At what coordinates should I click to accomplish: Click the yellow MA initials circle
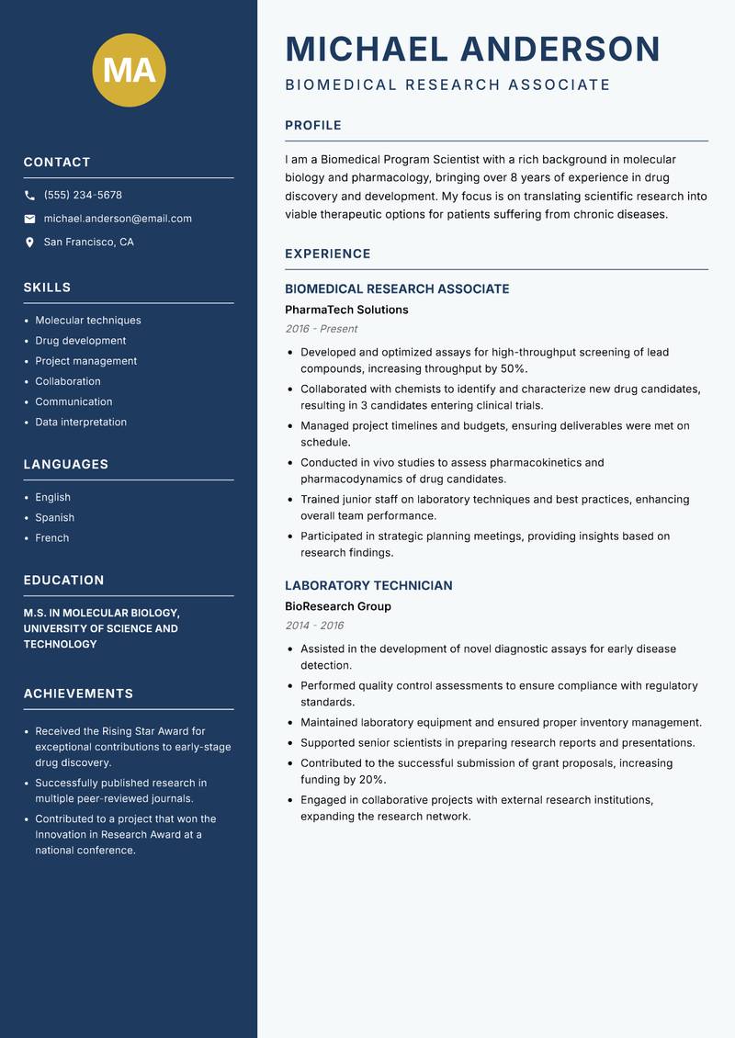click(x=129, y=70)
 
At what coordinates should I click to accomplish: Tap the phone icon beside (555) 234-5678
click(x=29, y=196)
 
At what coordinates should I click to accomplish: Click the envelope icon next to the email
click(x=29, y=219)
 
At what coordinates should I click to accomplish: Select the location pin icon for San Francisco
click(x=29, y=243)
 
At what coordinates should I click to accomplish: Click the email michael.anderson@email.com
click(x=118, y=219)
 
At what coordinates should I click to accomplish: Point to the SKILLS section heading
click(x=47, y=288)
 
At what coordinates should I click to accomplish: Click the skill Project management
click(x=85, y=361)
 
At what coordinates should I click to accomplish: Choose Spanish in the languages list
click(x=54, y=517)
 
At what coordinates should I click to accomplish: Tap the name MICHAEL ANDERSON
click(x=472, y=49)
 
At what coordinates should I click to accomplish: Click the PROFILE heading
click(x=312, y=126)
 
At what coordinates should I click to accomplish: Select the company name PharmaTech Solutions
click(x=346, y=310)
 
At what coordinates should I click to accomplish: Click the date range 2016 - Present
click(x=321, y=329)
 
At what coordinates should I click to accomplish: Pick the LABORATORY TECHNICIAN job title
click(x=368, y=585)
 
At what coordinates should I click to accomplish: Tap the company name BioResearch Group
click(x=338, y=606)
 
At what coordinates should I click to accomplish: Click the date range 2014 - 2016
click(x=314, y=626)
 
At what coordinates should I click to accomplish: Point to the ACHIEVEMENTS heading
click(x=78, y=694)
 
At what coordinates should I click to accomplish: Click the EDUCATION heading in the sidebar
click(x=63, y=581)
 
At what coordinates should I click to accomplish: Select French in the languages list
click(x=51, y=537)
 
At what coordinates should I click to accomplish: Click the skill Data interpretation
click(x=81, y=422)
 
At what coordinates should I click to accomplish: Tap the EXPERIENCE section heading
click(x=327, y=254)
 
